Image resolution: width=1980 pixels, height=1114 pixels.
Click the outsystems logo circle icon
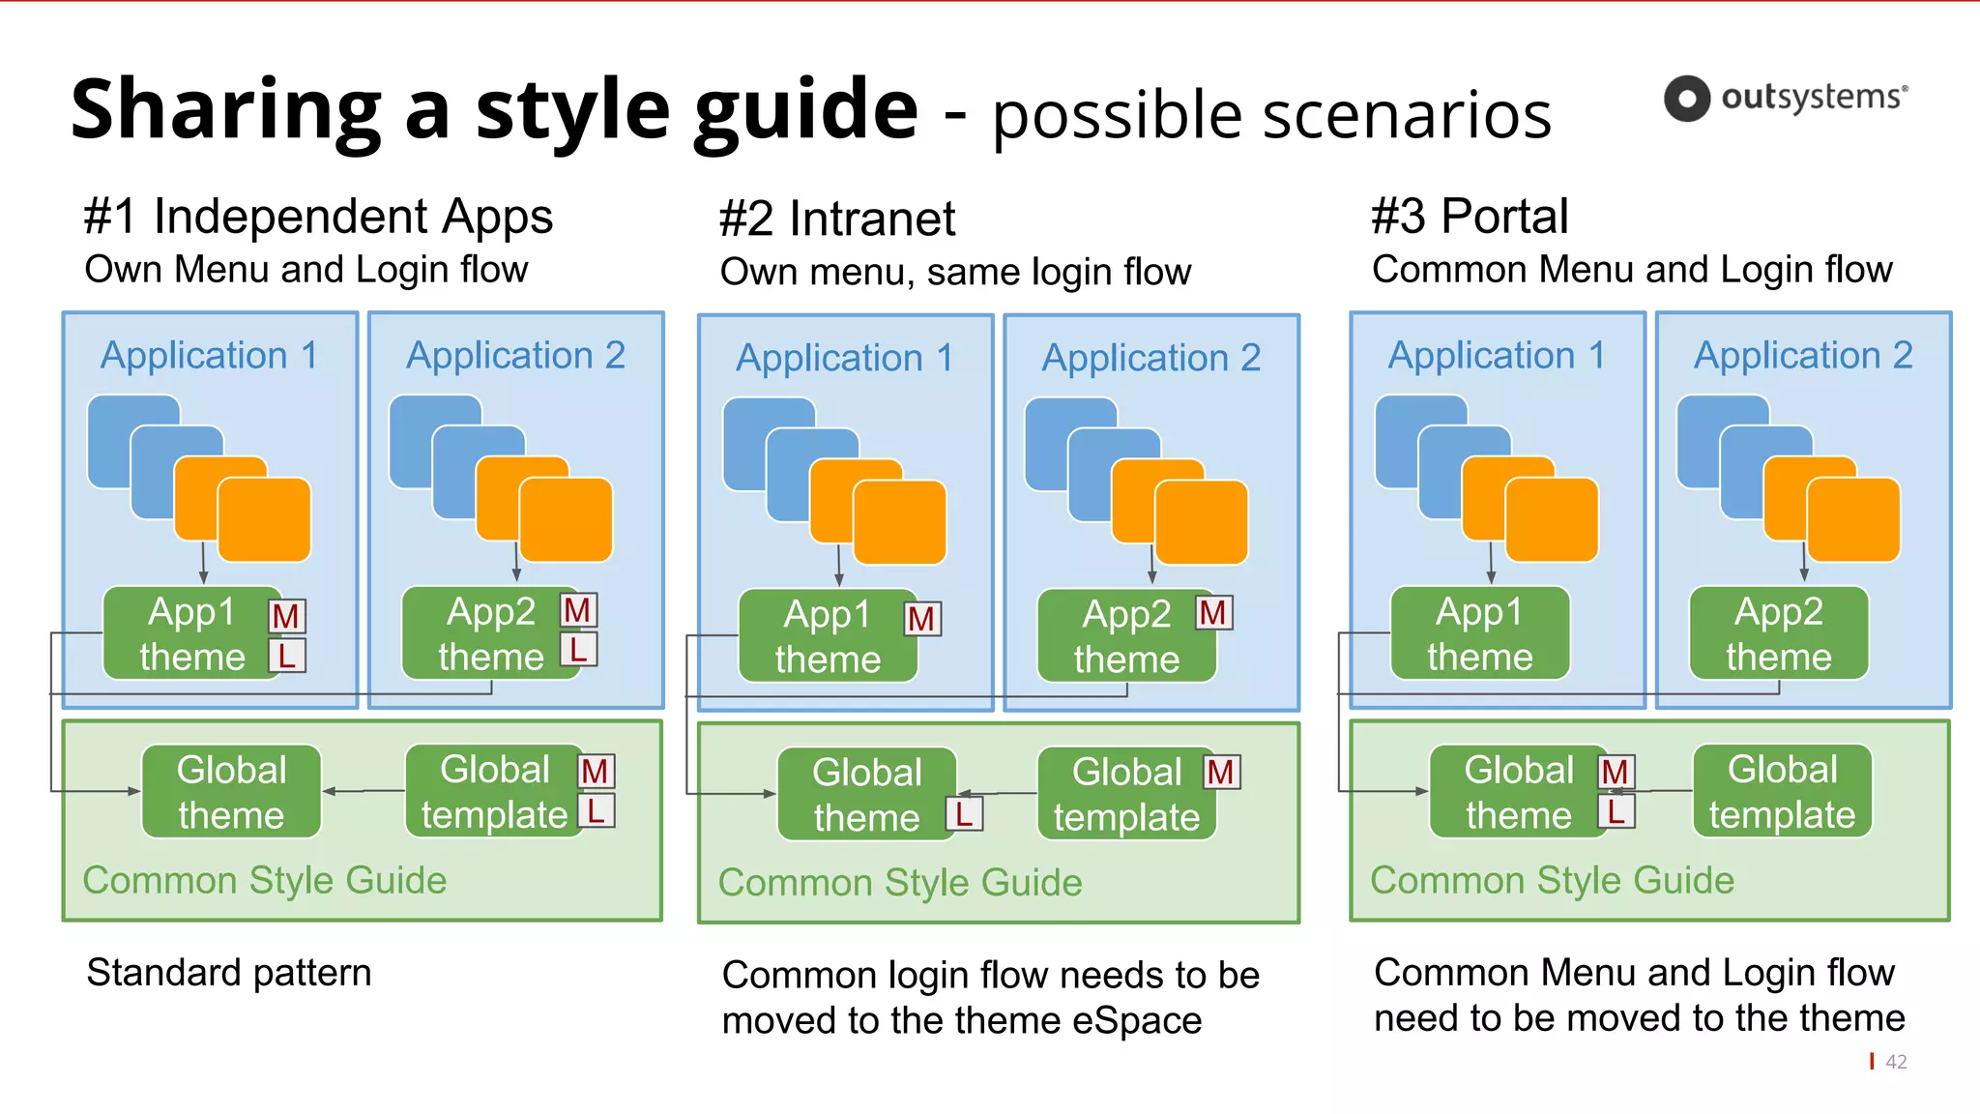tap(1687, 98)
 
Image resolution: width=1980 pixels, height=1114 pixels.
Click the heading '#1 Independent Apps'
tap(317, 216)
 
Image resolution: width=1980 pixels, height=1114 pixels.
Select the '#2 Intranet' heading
tap(836, 219)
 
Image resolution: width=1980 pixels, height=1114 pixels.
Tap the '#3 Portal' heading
tap(1469, 216)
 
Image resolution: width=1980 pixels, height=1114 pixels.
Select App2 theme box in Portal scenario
tap(1778, 633)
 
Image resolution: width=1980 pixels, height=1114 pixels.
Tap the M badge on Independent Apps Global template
tap(596, 771)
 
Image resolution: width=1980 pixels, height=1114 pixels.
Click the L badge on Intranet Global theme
tap(964, 814)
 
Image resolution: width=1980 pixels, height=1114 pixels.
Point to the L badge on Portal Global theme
tap(1616, 810)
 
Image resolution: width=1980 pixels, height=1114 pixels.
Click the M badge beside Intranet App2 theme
tap(1213, 612)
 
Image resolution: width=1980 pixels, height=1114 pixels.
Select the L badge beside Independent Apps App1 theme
tap(287, 656)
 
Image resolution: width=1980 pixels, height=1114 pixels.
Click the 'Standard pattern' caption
tap(228, 972)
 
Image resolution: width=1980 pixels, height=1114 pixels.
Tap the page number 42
tap(1896, 1062)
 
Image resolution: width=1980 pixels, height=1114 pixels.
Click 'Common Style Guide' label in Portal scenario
tap(1552, 880)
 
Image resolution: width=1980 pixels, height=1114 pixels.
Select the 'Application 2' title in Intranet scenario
tap(1150, 358)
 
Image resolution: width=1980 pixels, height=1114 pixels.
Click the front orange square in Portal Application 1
tap(1552, 520)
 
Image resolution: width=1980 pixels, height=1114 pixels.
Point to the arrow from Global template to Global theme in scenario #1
tap(364, 791)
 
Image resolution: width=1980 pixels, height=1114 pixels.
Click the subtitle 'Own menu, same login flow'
tap(955, 272)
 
